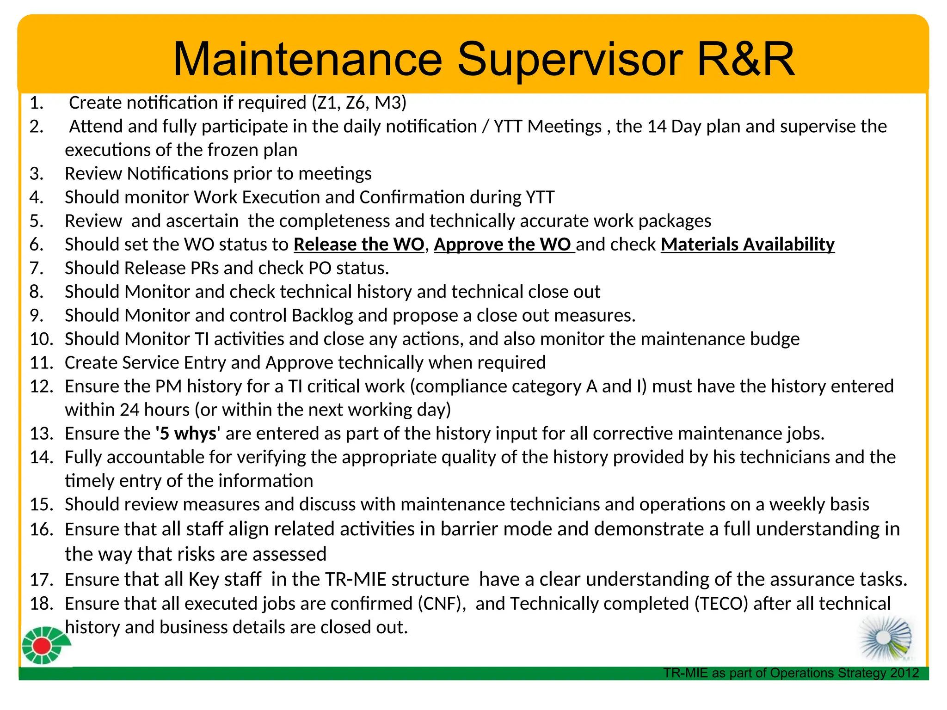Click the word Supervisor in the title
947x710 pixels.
tap(570, 60)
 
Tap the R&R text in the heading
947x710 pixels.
tap(745, 60)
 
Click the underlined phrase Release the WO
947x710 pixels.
tap(359, 245)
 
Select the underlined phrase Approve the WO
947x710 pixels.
tap(503, 245)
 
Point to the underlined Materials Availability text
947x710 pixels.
tap(747, 245)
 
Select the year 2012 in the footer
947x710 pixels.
tap(904, 673)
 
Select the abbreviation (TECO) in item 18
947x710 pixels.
tap(721, 604)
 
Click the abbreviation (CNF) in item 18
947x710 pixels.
tap(442, 604)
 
